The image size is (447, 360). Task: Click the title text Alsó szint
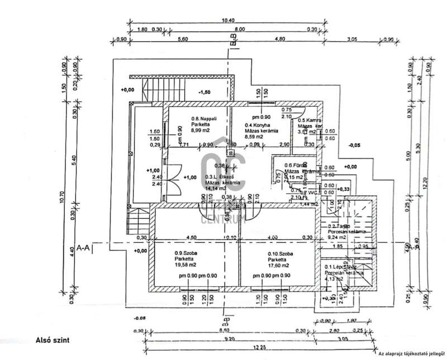52,339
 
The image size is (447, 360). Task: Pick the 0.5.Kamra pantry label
308,121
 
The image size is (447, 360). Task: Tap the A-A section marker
84,246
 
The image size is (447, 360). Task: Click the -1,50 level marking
205,92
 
